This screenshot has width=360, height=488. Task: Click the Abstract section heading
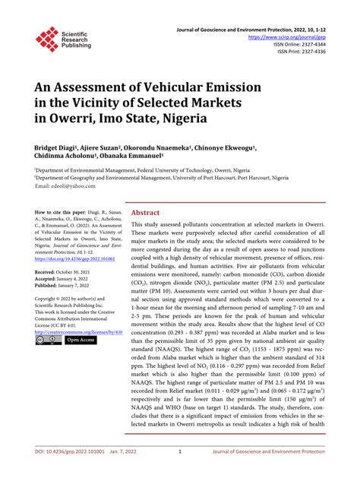pos(145,214)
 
